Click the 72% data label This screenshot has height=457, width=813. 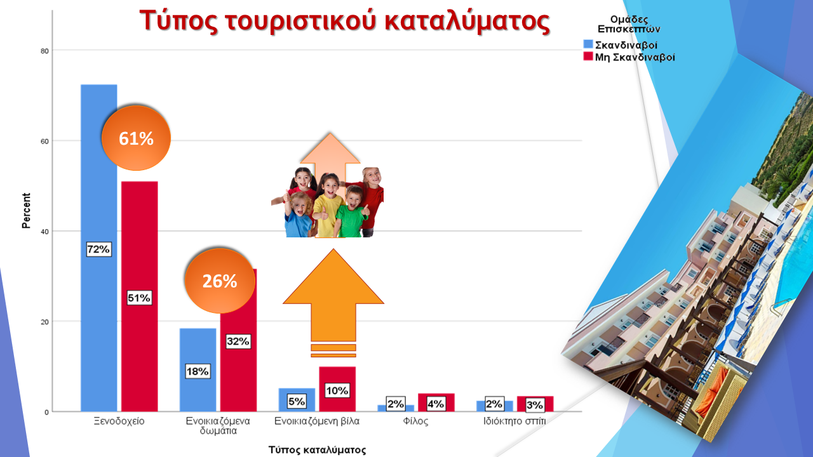click(x=98, y=249)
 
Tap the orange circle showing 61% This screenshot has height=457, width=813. click(x=136, y=138)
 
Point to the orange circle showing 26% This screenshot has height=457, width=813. click(x=220, y=281)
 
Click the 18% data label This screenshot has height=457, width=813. click(x=198, y=371)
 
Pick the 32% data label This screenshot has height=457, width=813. click(x=238, y=341)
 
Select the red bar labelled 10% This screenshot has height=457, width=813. click(x=337, y=389)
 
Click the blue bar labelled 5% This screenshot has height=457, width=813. click(x=297, y=400)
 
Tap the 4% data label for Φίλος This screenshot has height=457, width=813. click(x=436, y=404)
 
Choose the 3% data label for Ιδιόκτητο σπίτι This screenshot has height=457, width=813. click(x=535, y=405)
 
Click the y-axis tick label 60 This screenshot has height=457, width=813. click(x=44, y=142)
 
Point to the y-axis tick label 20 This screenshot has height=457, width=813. click(x=44, y=322)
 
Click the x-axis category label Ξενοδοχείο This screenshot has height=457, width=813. click(x=119, y=421)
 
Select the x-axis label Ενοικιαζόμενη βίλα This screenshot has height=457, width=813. click(x=317, y=421)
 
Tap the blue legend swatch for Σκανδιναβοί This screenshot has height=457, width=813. click(x=588, y=44)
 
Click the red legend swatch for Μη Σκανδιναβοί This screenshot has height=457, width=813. click(x=588, y=56)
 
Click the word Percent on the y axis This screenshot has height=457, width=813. click(x=26, y=210)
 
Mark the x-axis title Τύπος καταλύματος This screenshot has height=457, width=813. click(x=317, y=450)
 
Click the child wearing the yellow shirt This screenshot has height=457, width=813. click(x=328, y=207)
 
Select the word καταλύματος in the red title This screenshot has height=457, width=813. click(x=467, y=21)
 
